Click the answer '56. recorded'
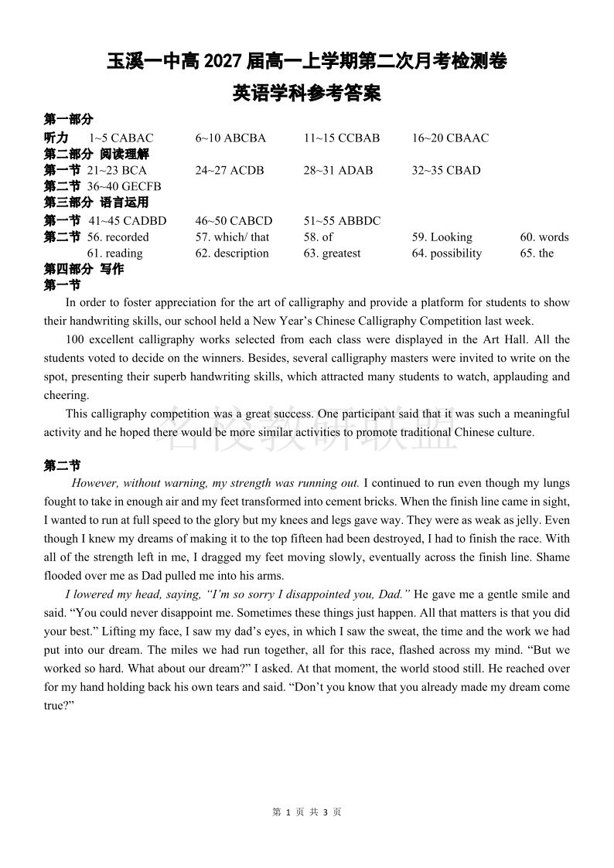118,237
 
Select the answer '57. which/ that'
232,237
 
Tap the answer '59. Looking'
442,237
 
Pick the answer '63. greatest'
332,254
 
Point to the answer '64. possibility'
446,254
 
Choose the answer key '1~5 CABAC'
121,138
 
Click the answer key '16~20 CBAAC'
450,138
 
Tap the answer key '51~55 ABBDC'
342,221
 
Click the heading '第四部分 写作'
84,270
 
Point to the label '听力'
56,138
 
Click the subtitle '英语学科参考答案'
306,94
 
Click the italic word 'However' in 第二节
95,483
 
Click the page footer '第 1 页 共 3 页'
307,812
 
